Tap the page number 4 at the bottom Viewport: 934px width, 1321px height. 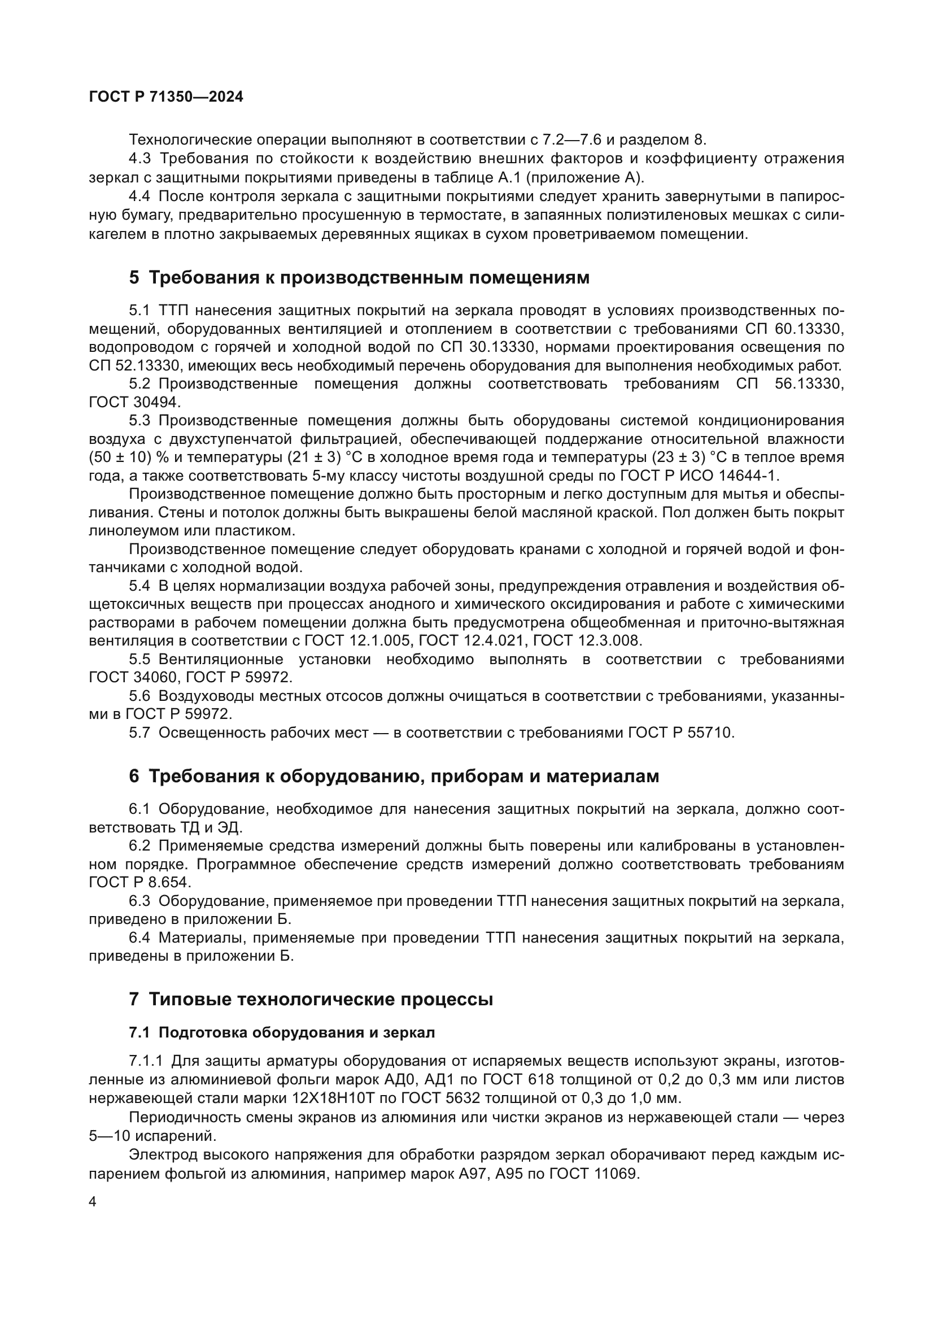point(93,1202)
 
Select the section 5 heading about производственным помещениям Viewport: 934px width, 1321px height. point(359,278)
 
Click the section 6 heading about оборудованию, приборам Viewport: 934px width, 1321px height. point(394,777)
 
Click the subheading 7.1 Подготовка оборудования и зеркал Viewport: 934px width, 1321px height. point(282,1033)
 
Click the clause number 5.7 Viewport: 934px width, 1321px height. point(139,733)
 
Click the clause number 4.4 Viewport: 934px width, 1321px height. point(139,197)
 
